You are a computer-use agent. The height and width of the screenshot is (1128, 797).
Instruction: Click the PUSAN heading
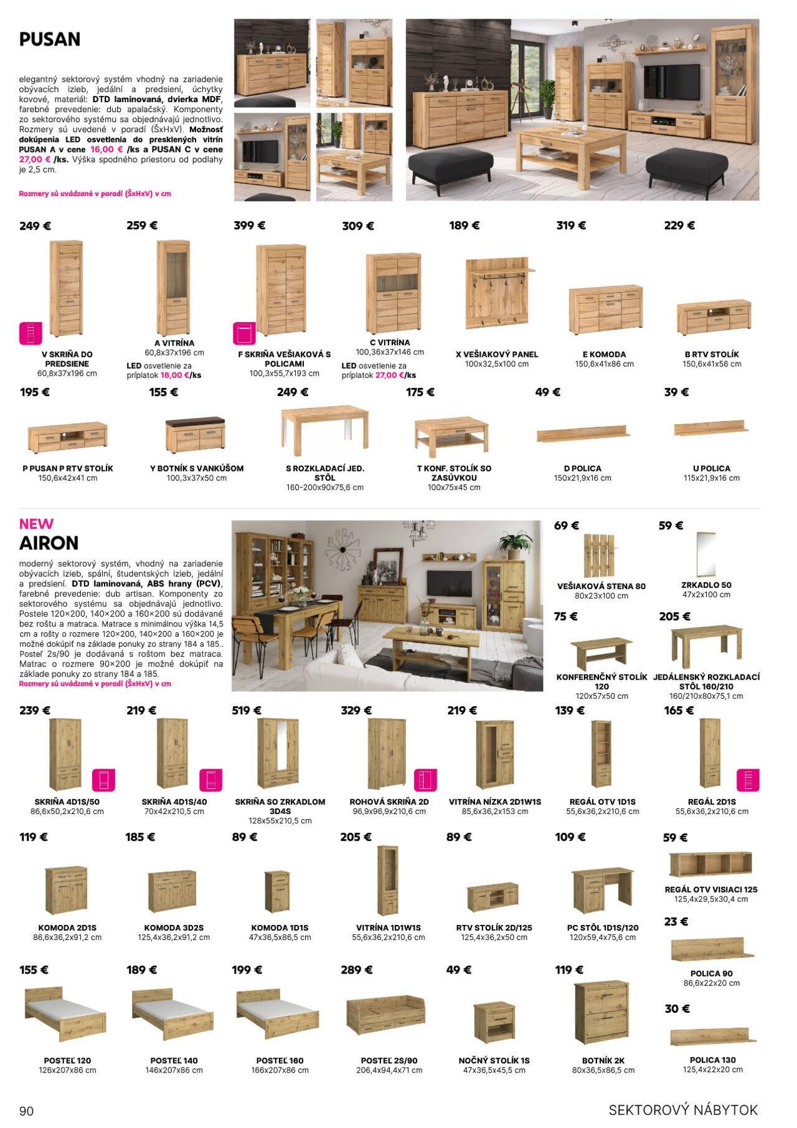(x=50, y=39)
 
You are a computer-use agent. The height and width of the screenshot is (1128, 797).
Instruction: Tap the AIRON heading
(x=49, y=543)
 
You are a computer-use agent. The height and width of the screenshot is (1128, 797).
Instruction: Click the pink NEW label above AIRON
(x=36, y=524)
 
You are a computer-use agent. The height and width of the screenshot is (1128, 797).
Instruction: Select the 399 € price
(x=249, y=225)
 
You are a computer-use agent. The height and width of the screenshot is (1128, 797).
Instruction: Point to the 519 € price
(x=247, y=710)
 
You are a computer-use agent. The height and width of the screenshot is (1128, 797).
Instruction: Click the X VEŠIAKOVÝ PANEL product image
(x=498, y=293)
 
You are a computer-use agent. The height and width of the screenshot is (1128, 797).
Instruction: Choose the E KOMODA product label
(x=604, y=354)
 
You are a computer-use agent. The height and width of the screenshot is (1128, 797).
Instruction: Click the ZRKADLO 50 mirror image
(x=705, y=553)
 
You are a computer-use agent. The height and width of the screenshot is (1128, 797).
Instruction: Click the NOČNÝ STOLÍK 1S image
(x=494, y=1020)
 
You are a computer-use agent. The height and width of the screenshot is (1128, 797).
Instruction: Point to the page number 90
(x=27, y=1111)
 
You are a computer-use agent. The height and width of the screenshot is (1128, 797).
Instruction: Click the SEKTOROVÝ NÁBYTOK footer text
(x=683, y=1109)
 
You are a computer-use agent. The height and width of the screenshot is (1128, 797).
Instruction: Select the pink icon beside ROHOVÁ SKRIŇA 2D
(x=425, y=780)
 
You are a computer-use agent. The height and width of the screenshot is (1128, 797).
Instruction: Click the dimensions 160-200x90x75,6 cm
(x=325, y=488)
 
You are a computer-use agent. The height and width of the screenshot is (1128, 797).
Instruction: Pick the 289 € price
(x=356, y=970)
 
